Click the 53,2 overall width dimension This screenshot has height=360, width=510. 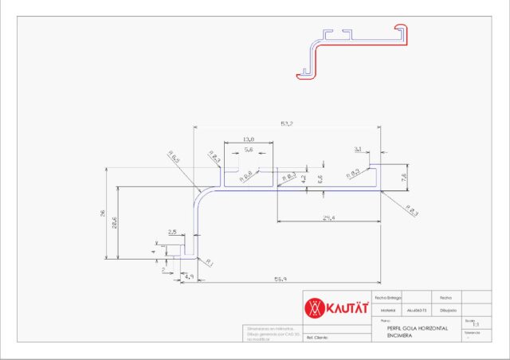[x=287, y=123]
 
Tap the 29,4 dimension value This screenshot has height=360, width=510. [x=328, y=217]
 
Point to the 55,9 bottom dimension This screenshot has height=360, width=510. [x=280, y=280]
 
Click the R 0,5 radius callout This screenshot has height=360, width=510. [x=174, y=158]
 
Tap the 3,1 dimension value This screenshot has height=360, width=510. [x=358, y=149]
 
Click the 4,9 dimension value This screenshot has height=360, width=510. [x=188, y=276]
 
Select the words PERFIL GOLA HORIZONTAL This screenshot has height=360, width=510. [x=417, y=328]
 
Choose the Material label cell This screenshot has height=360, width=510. [x=389, y=311]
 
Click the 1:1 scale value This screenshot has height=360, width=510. [x=476, y=326]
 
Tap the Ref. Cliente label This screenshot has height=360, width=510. [x=318, y=338]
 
